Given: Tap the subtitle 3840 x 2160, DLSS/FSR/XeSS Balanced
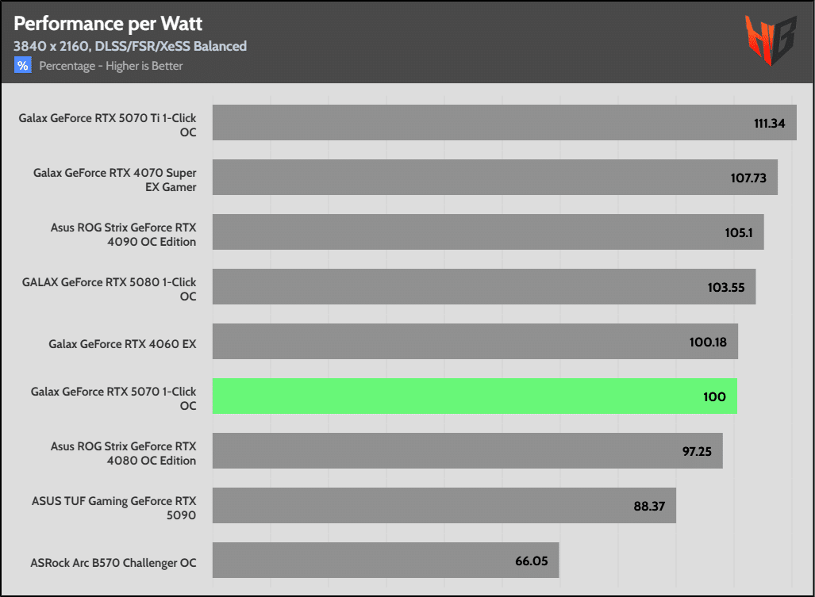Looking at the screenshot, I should click(130, 46).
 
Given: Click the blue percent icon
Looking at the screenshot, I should click(22, 66).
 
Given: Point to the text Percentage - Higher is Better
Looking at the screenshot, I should click(111, 66).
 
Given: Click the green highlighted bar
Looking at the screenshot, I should click(475, 396).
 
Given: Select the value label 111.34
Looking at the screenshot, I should click(770, 123).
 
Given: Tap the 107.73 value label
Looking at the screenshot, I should click(748, 178).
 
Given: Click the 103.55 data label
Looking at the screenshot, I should click(726, 287).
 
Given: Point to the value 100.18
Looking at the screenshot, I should click(709, 342).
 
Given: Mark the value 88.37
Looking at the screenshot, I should click(649, 506).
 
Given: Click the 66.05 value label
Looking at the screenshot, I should click(532, 561).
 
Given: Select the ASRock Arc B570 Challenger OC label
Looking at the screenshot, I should click(113, 563).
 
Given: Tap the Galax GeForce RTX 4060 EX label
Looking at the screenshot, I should click(122, 344).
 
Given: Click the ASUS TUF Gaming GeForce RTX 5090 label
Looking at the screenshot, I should click(113, 508).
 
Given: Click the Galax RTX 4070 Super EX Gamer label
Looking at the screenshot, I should click(114, 180).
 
